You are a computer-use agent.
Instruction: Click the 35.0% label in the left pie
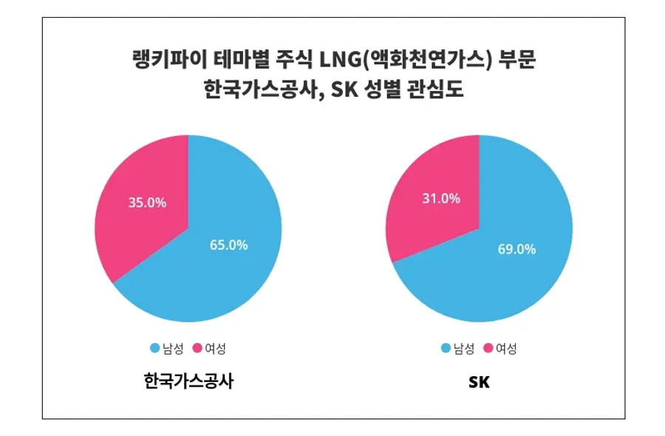pos(147,202)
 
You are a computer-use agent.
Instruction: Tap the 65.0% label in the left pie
pos(228,245)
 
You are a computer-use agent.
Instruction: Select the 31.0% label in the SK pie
pos(441,198)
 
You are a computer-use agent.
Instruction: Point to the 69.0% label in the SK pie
pos(516,249)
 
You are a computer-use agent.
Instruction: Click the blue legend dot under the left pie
pos(155,348)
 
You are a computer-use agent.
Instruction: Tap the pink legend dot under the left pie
pos(197,348)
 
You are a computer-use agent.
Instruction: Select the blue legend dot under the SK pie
pos(446,348)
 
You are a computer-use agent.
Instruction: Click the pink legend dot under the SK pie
pos(488,348)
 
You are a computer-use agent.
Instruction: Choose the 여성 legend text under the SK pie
pos(506,348)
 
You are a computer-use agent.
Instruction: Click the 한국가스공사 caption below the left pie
pos(188,382)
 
